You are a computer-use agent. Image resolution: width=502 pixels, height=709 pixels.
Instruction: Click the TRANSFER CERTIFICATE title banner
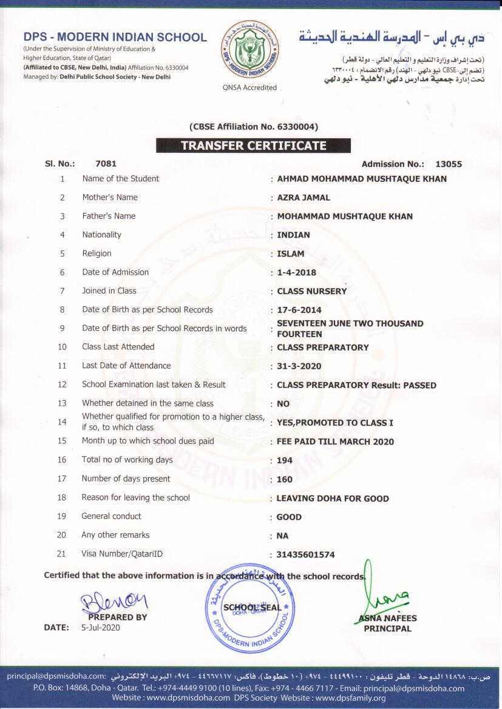tap(253, 146)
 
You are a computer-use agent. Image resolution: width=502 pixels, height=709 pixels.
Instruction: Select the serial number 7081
tap(106, 164)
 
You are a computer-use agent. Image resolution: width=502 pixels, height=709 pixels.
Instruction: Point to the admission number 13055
tap(449, 164)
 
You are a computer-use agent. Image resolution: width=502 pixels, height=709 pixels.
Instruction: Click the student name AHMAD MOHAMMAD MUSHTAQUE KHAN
tap(362, 179)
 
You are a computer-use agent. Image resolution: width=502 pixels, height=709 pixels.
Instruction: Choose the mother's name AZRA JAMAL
tap(304, 198)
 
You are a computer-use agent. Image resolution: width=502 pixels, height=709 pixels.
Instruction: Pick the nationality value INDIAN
tap(293, 235)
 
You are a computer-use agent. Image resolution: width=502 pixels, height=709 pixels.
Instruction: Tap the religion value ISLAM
tap(291, 254)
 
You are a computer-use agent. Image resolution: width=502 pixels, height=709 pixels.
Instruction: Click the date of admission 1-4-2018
tap(296, 272)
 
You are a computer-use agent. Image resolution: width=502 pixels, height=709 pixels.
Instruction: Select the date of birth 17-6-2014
tap(299, 310)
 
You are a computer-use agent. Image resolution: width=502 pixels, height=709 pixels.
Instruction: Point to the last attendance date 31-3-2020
tap(299, 366)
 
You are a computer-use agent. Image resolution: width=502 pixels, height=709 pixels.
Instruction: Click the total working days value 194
tap(284, 460)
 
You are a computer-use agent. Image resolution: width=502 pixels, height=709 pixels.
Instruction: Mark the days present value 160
tap(284, 479)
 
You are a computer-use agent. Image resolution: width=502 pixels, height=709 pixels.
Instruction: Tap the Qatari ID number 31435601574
tap(305, 554)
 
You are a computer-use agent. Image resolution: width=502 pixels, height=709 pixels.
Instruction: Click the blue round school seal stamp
tap(250, 608)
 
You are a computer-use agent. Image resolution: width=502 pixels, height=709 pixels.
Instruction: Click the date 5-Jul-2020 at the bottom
tap(101, 628)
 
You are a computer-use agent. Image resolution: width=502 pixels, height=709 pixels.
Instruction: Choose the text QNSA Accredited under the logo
tap(249, 87)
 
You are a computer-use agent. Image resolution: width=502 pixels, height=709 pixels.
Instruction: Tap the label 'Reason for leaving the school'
tap(135, 497)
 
